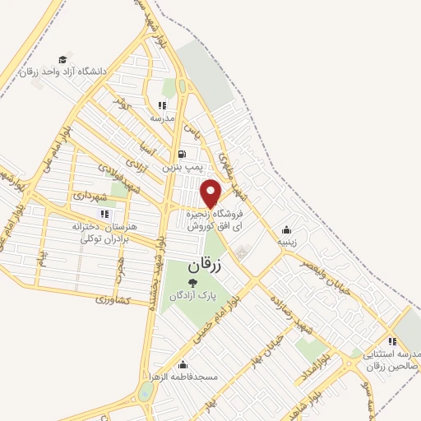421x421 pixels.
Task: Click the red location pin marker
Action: coord(211,192)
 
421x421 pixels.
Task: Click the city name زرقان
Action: coord(206,266)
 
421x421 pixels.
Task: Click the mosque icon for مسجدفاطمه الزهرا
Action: coord(183,365)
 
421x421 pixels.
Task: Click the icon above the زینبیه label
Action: coord(286,230)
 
